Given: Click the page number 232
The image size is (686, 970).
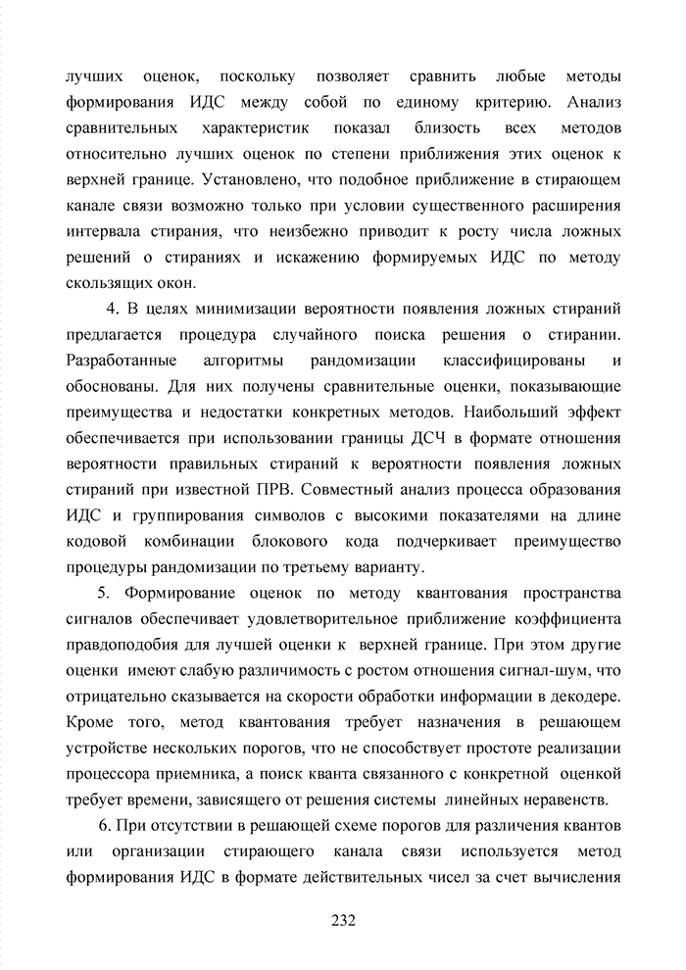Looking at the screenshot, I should (x=343, y=921).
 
